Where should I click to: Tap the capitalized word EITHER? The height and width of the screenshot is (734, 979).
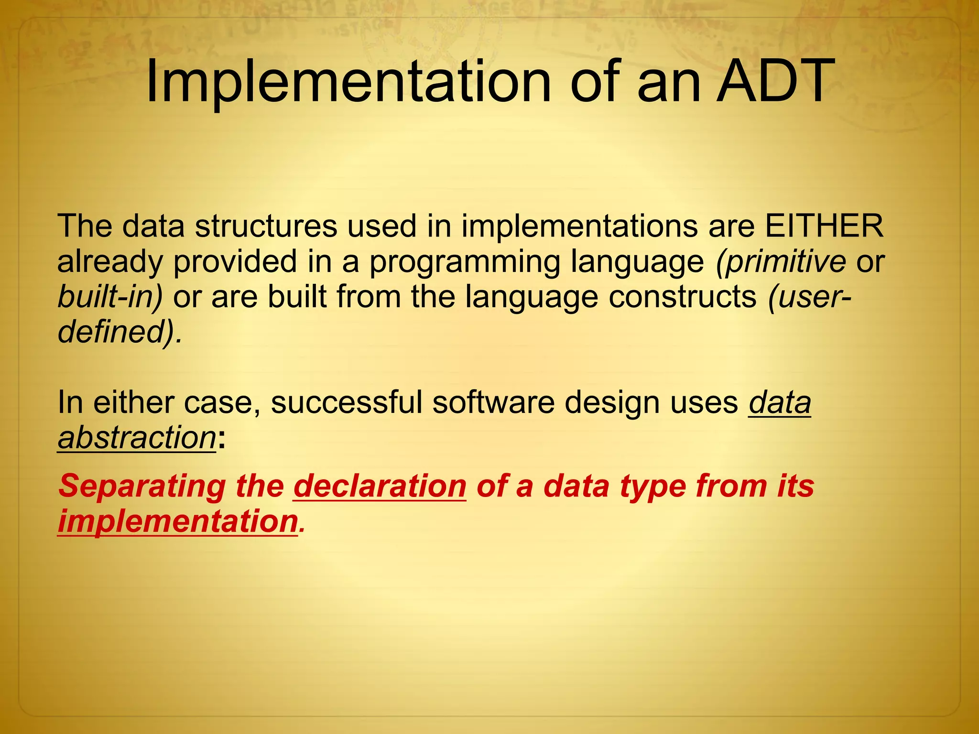tap(824, 226)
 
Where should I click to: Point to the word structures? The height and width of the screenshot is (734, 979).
tap(266, 226)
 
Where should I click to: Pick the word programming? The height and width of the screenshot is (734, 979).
tap(465, 262)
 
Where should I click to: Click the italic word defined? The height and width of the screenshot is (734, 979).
tap(113, 331)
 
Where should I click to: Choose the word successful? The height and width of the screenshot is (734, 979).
tap(347, 402)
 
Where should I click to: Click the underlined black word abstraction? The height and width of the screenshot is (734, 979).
tap(137, 438)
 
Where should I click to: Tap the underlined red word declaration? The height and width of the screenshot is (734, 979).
tap(380, 486)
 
